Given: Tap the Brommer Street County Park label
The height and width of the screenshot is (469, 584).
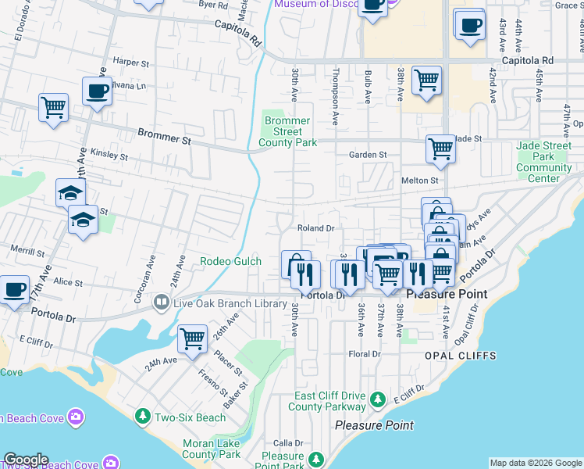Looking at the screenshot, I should [x=288, y=132].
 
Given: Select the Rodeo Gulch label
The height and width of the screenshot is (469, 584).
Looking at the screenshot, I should [x=230, y=262].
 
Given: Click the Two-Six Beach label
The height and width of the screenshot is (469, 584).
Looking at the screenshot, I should [x=190, y=418].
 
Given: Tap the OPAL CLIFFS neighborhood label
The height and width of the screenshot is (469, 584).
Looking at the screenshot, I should [x=460, y=356].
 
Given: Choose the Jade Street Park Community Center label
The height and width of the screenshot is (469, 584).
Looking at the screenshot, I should [x=544, y=162].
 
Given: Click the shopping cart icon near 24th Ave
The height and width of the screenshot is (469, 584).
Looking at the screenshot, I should [x=192, y=339].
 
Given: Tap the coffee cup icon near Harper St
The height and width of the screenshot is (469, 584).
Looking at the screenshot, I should [x=97, y=91].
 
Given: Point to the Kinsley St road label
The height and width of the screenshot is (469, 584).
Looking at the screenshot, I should [x=109, y=154].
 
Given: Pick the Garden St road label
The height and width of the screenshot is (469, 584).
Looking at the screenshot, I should [x=367, y=155].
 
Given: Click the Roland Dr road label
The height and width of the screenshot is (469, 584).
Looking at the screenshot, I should [x=315, y=228].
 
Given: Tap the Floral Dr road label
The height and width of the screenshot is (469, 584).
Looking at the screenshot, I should [x=364, y=354].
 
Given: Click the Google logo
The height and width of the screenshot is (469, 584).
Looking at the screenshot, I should [x=26, y=460].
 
